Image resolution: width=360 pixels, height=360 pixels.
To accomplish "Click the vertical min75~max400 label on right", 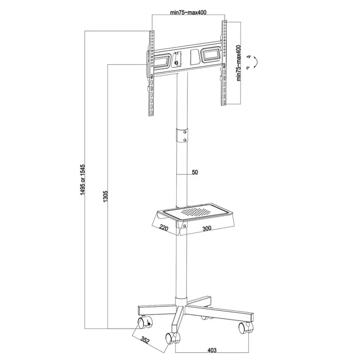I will coord(238,63).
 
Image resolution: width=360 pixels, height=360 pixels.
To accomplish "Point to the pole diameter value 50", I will coord(195,173).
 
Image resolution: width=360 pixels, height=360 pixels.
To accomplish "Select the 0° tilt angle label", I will coord(248,68).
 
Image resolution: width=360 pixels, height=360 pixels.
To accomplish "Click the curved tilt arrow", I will coord(258,62).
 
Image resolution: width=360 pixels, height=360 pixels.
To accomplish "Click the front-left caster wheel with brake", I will coord(142,323).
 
